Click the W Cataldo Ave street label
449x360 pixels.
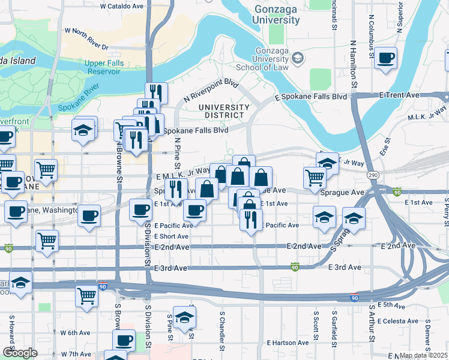pyautogui.click(x=122, y=5)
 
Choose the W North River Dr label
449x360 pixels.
pyautogui.click(x=86, y=38)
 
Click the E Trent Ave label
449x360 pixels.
pyautogui.click(x=399, y=95)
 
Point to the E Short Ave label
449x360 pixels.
pyautogui.click(x=173, y=236)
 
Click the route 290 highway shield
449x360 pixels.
pyautogui.click(x=373, y=173)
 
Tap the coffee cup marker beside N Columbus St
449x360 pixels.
pyautogui.click(x=386, y=59)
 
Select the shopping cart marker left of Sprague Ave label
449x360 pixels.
pyautogui.click(x=315, y=177)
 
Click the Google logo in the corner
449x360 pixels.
pyautogui.click(x=20, y=353)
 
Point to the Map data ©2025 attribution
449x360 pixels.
pyautogui.click(x=423, y=355)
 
